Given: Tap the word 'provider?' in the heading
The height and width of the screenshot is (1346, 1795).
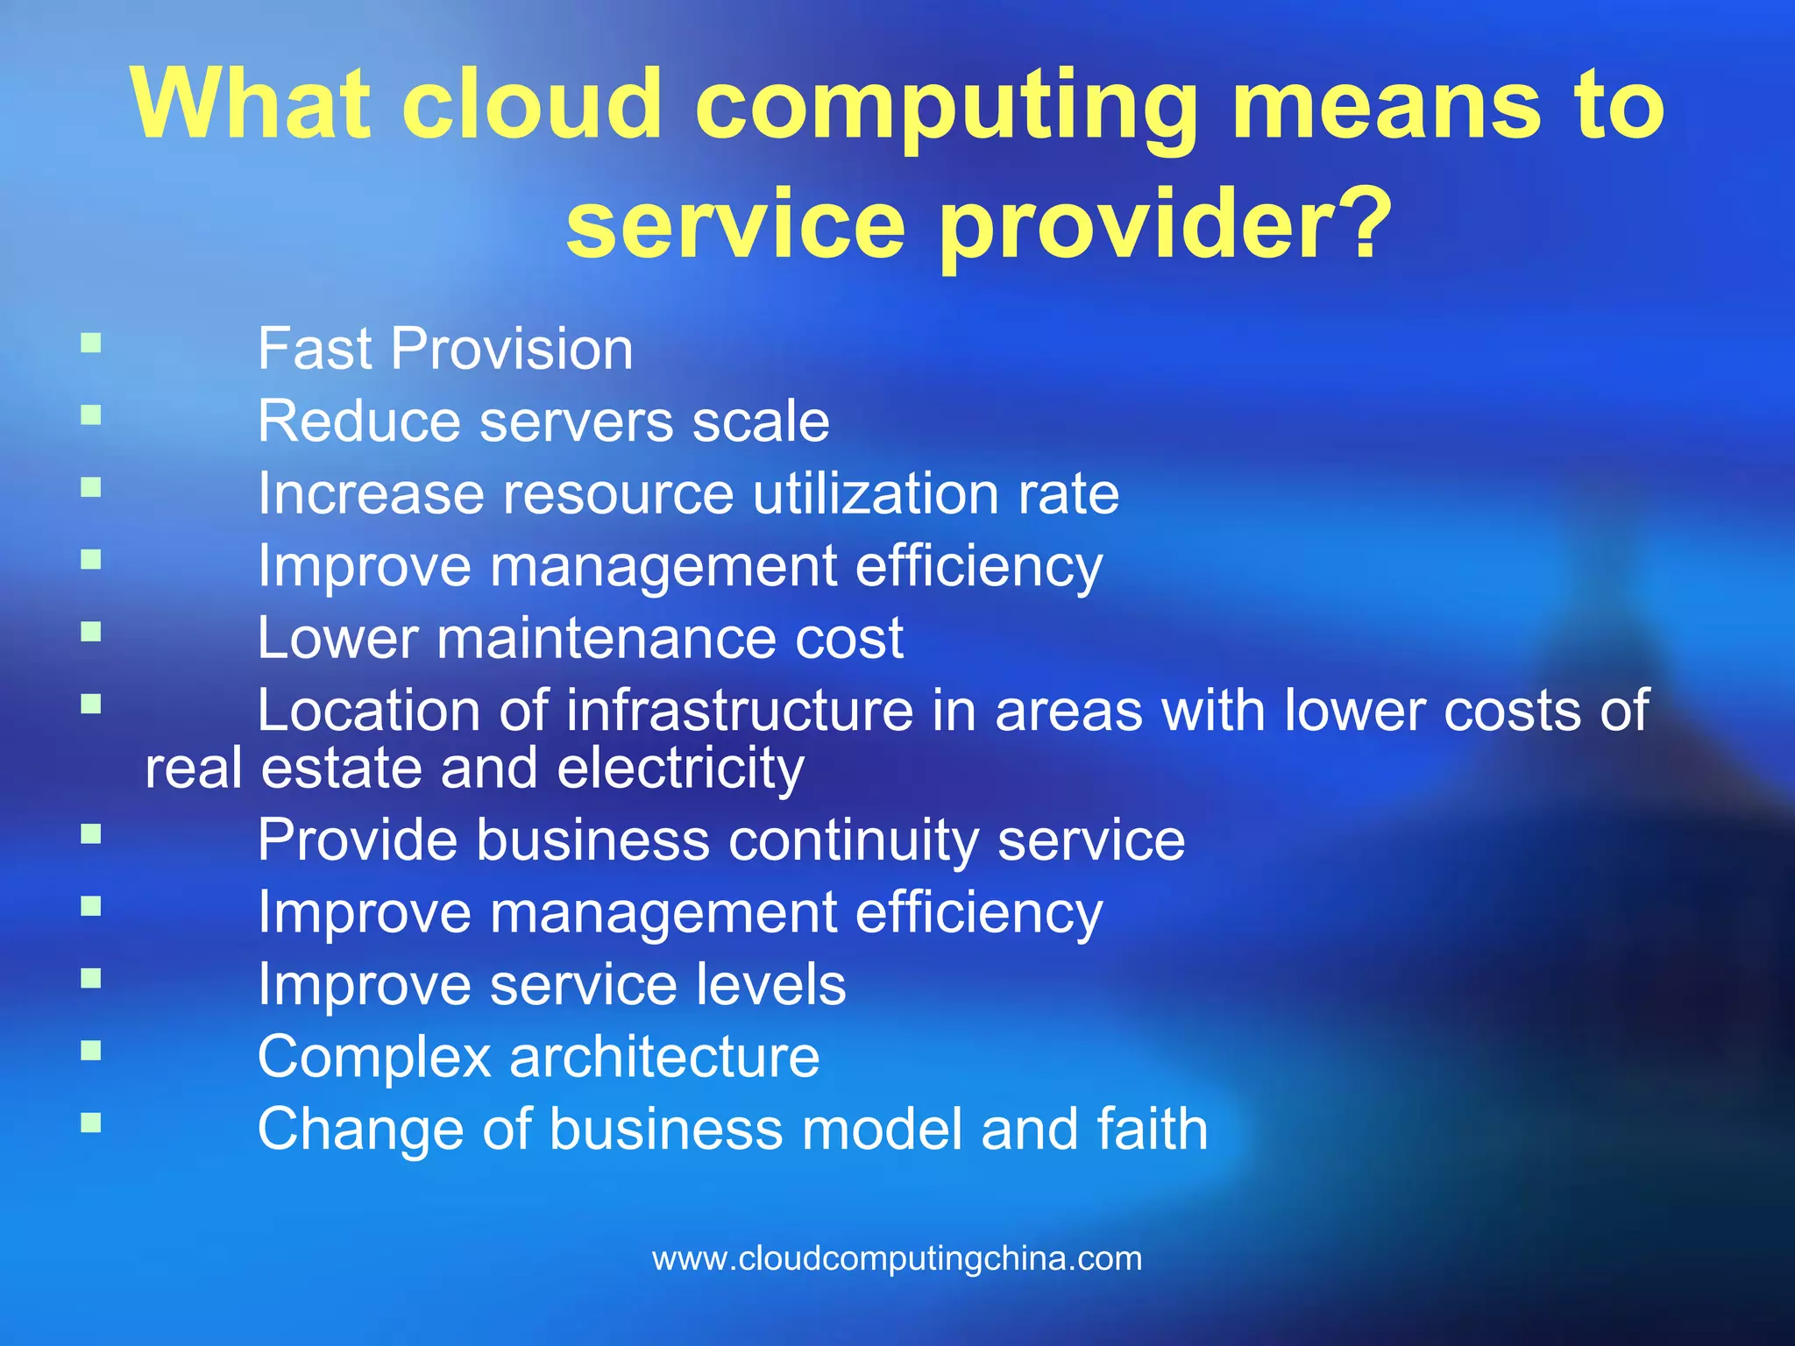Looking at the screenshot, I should pyautogui.click(x=1166, y=226).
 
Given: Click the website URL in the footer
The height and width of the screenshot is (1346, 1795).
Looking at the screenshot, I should pyautogui.click(x=897, y=1258).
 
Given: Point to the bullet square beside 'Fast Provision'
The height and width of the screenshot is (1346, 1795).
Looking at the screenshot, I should pyautogui.click(x=91, y=342).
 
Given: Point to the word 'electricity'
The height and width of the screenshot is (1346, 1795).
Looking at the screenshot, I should pyautogui.click(x=680, y=769).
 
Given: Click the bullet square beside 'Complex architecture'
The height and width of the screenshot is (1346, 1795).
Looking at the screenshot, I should pyautogui.click(x=91, y=1050).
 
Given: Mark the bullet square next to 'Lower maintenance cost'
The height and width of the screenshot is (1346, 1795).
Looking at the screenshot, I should pyautogui.click(x=91, y=631).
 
